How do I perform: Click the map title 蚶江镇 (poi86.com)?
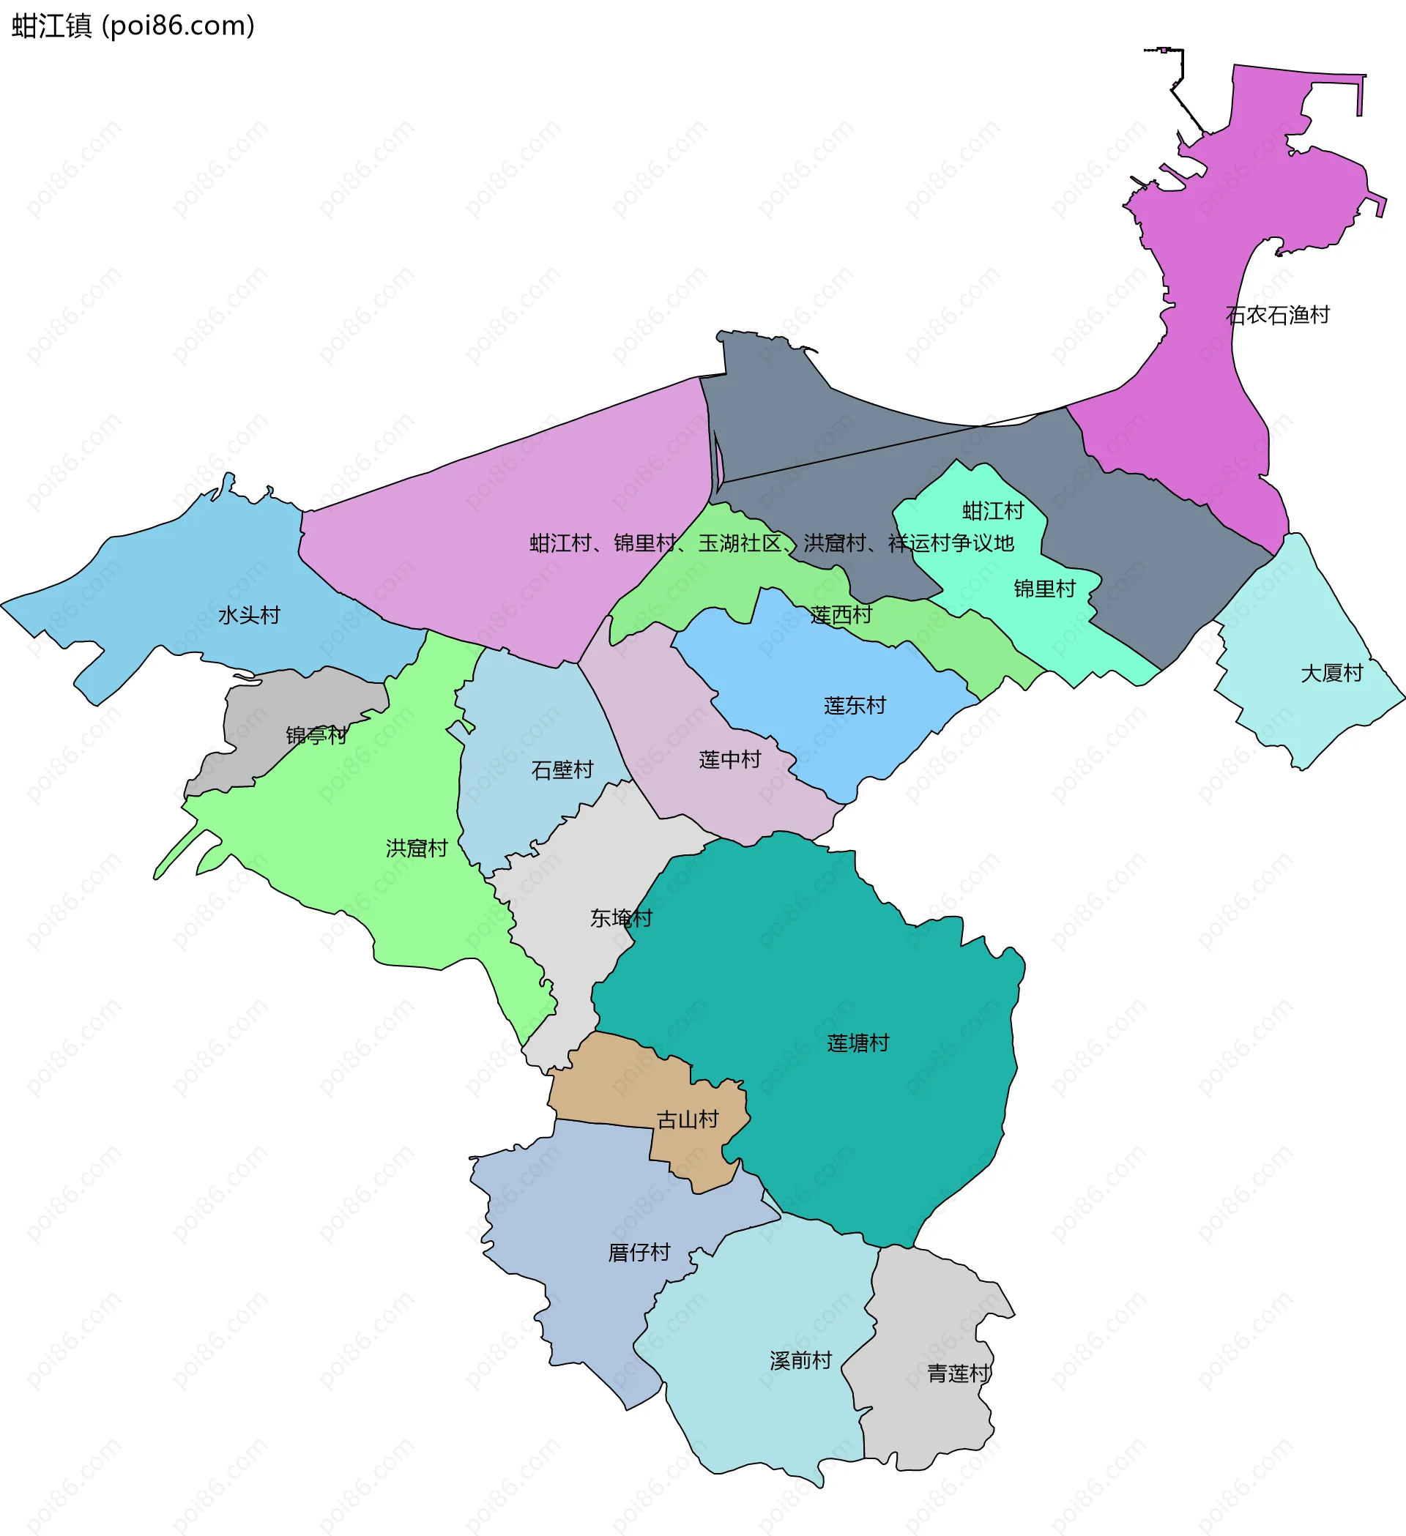133,26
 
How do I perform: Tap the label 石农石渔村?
1277,315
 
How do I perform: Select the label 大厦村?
1331,673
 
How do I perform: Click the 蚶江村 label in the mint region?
993,510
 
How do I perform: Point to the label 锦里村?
1044,588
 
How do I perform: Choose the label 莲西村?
841,615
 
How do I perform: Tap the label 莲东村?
855,706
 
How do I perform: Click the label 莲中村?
729,760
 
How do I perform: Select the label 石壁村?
562,770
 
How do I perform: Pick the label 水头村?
249,615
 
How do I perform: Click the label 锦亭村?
316,735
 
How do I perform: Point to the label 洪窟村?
416,848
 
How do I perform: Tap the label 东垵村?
621,918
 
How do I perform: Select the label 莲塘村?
858,1043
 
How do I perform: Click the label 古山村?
688,1119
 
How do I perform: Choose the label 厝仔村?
639,1253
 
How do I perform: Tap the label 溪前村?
800,1360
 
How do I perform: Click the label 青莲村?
959,1373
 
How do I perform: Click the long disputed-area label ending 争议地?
771,543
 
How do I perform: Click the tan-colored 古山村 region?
610,1082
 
